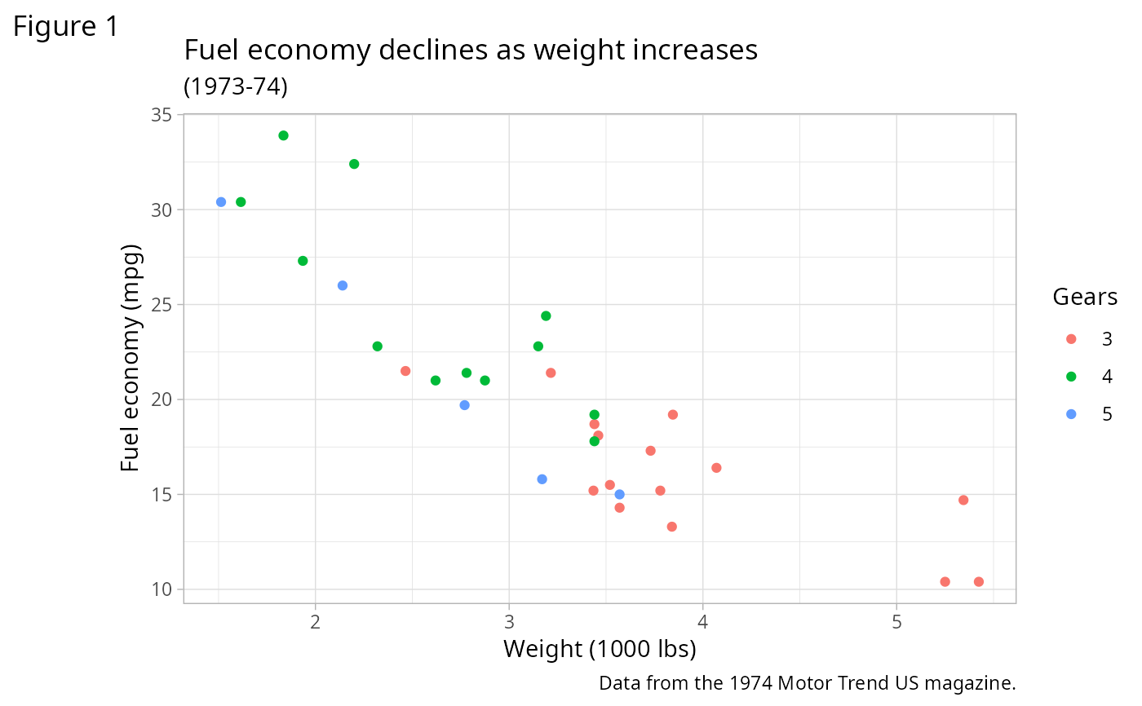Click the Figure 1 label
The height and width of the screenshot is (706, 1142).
pyautogui.click(x=66, y=27)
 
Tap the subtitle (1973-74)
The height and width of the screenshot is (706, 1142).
pyautogui.click(x=236, y=86)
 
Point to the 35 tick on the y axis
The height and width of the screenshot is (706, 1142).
pyautogui.click(x=161, y=115)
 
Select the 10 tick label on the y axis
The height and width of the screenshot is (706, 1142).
pyautogui.click(x=161, y=589)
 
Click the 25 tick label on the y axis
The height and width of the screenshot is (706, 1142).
pyautogui.click(x=161, y=305)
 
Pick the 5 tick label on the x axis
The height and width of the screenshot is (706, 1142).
pyautogui.click(x=896, y=621)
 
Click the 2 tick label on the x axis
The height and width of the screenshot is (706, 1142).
pyautogui.click(x=316, y=621)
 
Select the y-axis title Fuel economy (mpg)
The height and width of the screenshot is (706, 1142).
pyautogui.click(x=131, y=359)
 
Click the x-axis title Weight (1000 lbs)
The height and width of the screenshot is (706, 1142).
pyautogui.click(x=600, y=650)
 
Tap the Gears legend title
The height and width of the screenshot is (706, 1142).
pyautogui.click(x=1085, y=298)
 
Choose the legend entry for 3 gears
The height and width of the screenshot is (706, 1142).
pyautogui.click(x=1071, y=339)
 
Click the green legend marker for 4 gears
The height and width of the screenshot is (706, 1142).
pyautogui.click(x=1071, y=377)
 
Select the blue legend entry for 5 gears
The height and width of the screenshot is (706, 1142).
pyautogui.click(x=1071, y=414)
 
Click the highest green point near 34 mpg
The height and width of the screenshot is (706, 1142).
pyautogui.click(x=283, y=135)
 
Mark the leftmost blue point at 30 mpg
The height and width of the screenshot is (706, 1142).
pyautogui.click(x=221, y=202)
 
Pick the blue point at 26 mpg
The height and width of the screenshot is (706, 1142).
pyautogui.click(x=343, y=285)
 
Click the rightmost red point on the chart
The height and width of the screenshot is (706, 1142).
pyautogui.click(x=979, y=582)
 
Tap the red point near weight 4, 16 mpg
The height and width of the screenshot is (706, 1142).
pyautogui.click(x=716, y=468)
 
